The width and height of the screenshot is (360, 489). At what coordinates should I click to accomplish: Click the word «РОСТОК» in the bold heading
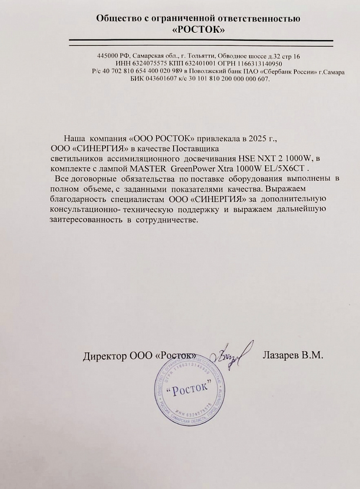click(200, 30)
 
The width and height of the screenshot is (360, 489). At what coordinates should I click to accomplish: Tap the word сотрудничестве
click(173, 220)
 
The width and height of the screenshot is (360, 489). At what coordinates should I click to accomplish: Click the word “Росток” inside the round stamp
click(188, 388)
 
